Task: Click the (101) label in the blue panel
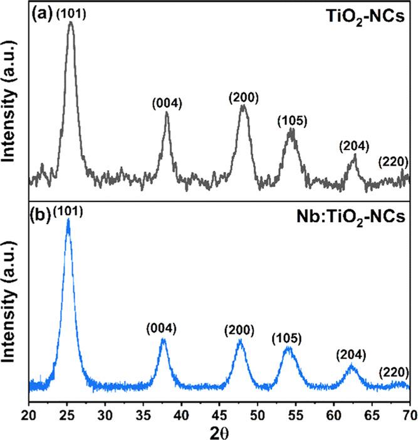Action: [68, 211]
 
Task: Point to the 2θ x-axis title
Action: [219, 432]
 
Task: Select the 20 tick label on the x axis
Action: [29, 414]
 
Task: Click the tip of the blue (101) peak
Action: [68, 220]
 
